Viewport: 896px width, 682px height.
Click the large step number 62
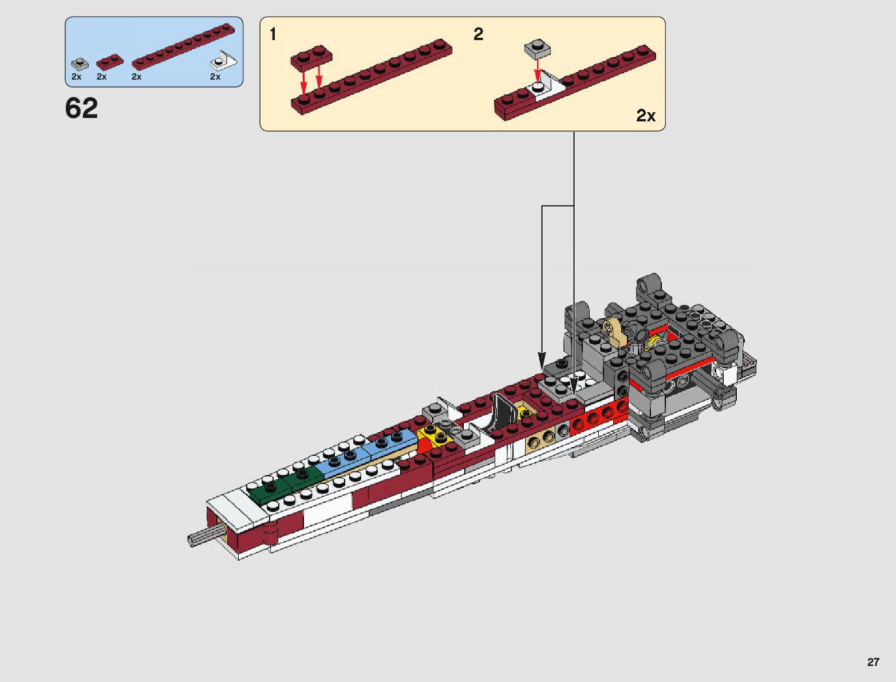(x=82, y=108)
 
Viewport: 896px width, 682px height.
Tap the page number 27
(x=873, y=662)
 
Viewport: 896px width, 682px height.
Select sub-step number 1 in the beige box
(x=273, y=34)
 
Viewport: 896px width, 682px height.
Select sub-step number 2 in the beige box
(x=479, y=34)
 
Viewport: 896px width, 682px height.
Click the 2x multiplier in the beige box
(x=646, y=116)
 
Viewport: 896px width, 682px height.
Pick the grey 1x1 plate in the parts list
(x=80, y=64)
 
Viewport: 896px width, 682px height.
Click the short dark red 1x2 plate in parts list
(x=110, y=62)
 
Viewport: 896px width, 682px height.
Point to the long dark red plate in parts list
(x=183, y=46)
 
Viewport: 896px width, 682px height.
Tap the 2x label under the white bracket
(x=215, y=77)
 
